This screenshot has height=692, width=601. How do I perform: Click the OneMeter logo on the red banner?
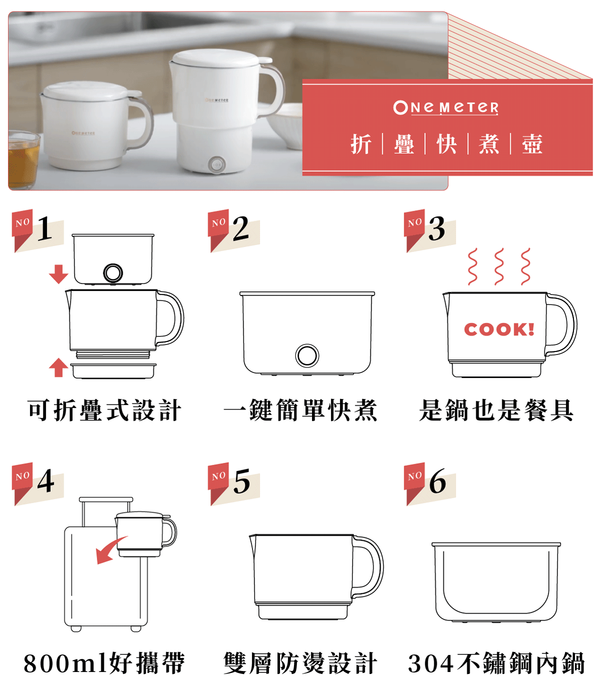pos(445,108)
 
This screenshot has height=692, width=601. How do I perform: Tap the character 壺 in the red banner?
pos(532,144)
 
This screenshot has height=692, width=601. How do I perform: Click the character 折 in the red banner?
pos(361,144)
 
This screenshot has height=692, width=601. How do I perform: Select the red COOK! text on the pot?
pos(499,329)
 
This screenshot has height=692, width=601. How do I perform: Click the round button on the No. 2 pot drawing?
pos(307,356)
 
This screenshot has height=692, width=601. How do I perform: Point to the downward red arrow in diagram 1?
pos(59,274)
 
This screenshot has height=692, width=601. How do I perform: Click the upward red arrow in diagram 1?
pos(59,368)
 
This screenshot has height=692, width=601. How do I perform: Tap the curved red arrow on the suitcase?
pos(110,550)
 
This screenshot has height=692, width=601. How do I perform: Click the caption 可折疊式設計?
pos(105,410)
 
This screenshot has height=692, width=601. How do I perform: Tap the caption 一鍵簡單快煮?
pos(300,410)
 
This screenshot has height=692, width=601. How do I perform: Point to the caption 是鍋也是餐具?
pos(496,410)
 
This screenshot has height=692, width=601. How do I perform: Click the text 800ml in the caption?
pos(66,663)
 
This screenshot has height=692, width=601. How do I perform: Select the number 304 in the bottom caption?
pos(431,663)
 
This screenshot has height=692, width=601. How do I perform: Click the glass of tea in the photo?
pos(23,159)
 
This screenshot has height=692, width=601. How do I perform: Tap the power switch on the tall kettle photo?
pos(216,165)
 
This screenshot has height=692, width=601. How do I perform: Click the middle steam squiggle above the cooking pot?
pos(499,266)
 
